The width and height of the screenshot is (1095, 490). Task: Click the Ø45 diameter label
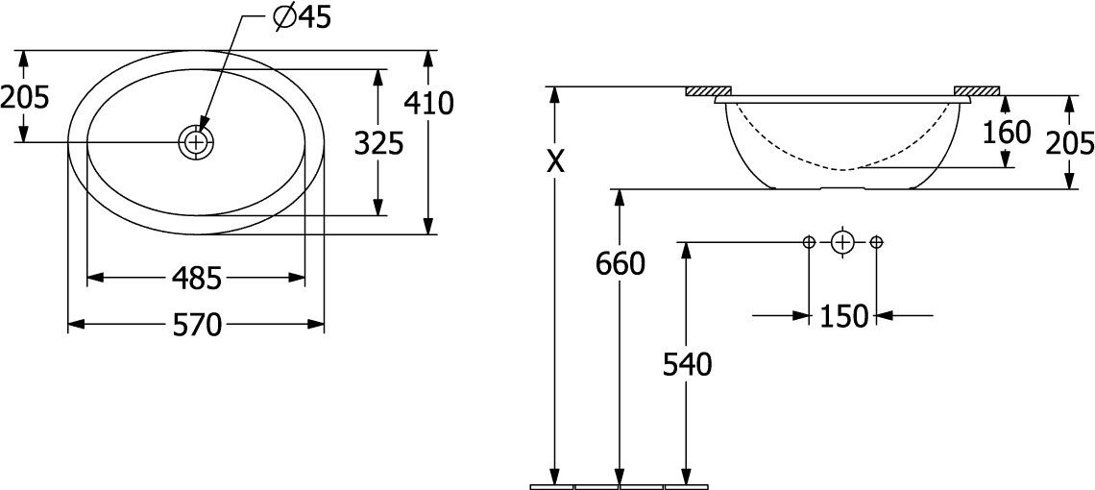click(302, 18)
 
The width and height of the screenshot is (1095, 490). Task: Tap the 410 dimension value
click(428, 104)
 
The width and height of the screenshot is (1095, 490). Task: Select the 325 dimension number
click(378, 144)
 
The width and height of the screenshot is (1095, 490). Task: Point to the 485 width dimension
click(197, 279)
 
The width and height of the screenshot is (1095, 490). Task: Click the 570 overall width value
click(197, 325)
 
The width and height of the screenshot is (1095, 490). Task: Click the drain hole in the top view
click(196, 142)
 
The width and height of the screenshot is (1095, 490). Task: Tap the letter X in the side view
click(555, 161)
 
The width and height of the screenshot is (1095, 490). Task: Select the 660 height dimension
click(620, 263)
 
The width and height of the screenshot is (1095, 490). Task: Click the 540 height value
click(687, 364)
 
